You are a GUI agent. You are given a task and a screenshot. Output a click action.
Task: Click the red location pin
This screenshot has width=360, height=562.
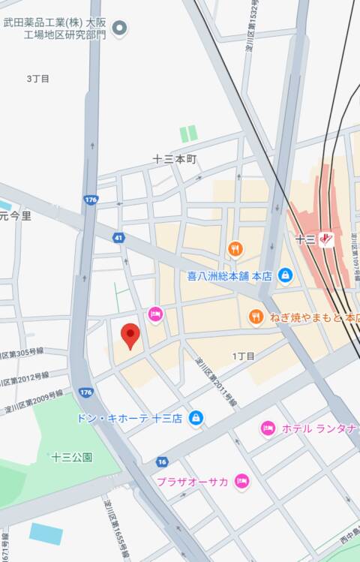tap(130, 335)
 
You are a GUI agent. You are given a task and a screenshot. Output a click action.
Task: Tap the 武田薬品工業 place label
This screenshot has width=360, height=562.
tap(55, 29)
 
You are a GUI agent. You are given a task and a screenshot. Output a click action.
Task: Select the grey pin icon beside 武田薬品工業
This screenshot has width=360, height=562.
tap(119, 29)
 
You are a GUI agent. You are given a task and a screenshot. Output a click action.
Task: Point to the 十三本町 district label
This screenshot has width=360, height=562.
tap(174, 159)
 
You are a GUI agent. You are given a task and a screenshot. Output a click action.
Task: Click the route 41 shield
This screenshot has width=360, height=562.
tap(118, 238)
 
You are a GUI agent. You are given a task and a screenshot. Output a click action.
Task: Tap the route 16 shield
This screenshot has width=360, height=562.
tap(162, 461)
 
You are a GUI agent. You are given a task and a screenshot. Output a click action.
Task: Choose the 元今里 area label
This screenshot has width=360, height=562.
tap(16, 216)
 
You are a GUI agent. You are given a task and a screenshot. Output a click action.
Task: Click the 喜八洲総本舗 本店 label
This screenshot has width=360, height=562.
tap(229, 275)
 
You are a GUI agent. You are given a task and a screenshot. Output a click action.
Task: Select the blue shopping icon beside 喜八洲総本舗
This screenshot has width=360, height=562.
tap(285, 275)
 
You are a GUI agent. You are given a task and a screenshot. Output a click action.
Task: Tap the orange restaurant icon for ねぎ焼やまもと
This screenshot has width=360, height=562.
tap(256, 317)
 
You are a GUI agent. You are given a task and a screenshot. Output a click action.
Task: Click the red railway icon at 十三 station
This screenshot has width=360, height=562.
tap(325, 240)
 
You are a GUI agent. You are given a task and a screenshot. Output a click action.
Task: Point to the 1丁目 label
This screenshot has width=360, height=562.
tap(244, 356)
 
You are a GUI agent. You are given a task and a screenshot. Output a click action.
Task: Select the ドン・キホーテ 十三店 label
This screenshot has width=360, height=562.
tap(129, 417)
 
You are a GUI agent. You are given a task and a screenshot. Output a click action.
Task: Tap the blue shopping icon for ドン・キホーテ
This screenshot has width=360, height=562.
tap(196, 417)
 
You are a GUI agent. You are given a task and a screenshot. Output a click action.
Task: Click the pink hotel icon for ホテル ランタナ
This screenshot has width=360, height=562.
tap(268, 428)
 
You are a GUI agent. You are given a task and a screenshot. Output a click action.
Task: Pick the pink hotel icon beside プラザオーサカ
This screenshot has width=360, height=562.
tap(241, 481)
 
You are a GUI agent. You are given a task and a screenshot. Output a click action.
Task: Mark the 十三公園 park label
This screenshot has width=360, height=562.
tap(72, 457)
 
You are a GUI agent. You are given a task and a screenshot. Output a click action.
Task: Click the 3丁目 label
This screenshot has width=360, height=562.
tap(37, 78)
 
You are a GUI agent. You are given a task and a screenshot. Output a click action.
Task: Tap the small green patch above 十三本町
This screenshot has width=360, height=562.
tap(188, 134)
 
